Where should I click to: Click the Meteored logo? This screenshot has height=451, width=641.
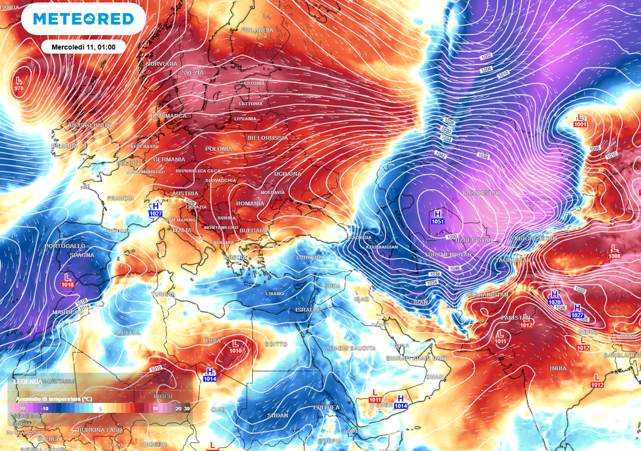tap(83, 19)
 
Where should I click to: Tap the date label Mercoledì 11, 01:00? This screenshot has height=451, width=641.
tap(84, 46)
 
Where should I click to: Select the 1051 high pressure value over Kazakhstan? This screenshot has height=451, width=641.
tap(438, 221)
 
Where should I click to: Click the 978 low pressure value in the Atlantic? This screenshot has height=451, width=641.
tap(19, 88)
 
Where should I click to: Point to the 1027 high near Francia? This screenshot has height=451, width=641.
tap(155, 214)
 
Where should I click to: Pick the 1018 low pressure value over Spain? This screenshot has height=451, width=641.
tap(67, 284)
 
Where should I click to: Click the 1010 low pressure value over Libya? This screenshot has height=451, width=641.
tap(235, 351)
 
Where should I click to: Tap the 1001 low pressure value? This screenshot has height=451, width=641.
tap(580, 125)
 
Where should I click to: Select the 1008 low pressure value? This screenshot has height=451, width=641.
tap(615, 256)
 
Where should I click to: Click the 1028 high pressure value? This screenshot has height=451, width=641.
tap(555, 302)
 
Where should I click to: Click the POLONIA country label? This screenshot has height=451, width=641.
tap(218, 149)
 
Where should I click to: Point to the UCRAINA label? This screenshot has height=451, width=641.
tap(287, 174)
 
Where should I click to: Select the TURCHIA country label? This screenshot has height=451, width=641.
tap(309, 257)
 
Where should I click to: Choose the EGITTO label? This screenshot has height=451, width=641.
tap(275, 344)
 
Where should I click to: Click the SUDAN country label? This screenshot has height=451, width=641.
tap(277, 415)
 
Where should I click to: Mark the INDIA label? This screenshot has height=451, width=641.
tap(558, 368)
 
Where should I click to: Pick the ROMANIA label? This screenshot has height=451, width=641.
tap(250, 204)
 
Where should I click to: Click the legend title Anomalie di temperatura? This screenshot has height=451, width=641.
tap(53, 399)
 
